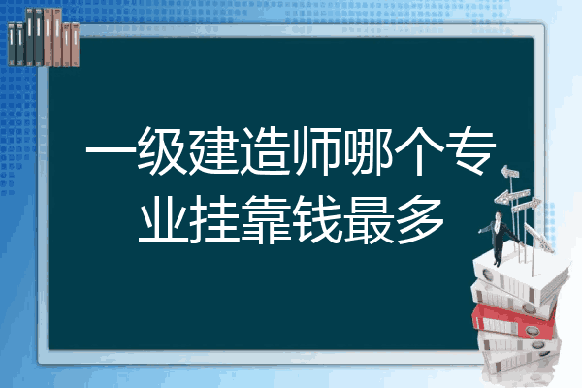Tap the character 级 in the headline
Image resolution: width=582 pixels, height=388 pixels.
click(x=162, y=150)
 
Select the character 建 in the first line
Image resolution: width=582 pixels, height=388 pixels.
click(x=213, y=150)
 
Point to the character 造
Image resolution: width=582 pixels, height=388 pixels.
click(x=265, y=150)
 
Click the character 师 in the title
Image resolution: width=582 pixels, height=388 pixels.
click(x=316, y=150)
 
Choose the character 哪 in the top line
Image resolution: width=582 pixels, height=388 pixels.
click(x=368, y=150)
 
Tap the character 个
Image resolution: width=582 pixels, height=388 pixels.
click(x=419, y=150)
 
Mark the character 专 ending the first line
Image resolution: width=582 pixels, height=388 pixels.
click(x=470, y=150)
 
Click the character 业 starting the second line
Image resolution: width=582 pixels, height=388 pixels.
click(x=162, y=219)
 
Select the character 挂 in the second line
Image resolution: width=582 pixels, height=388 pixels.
click(x=213, y=219)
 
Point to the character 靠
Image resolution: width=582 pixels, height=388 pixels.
click(x=266, y=219)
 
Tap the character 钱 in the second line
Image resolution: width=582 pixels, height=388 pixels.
click(x=316, y=219)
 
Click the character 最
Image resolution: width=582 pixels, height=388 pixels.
click(x=368, y=219)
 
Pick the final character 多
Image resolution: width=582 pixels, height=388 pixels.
click(x=420, y=219)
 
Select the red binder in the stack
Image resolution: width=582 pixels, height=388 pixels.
click(x=514, y=321)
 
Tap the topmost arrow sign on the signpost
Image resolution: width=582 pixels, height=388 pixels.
click(x=510, y=173)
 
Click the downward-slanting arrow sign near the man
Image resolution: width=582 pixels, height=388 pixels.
click(x=539, y=238)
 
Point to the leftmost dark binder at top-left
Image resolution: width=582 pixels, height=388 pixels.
click(x=12, y=45)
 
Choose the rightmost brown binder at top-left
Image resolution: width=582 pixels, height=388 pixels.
click(x=76, y=45)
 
